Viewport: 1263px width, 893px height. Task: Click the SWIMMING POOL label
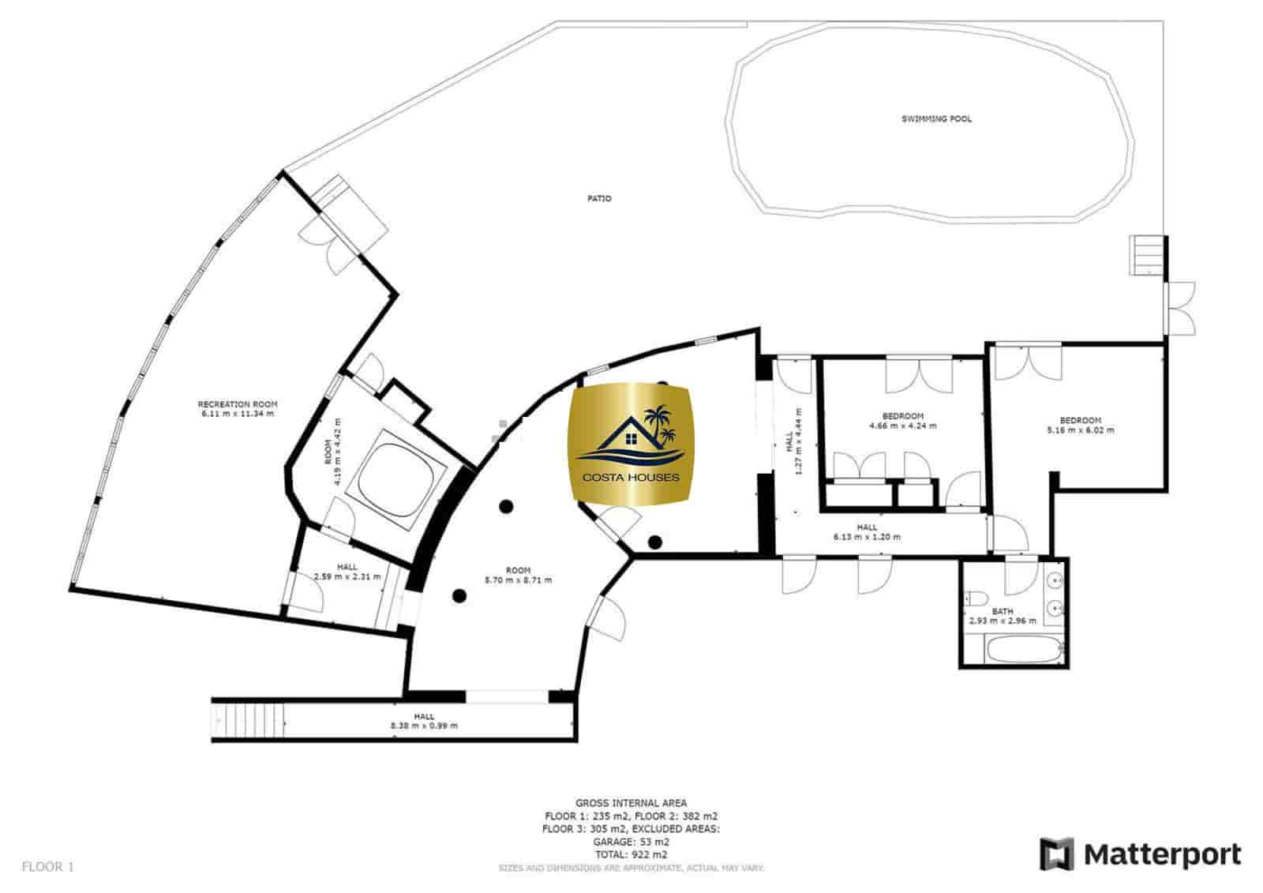[x=936, y=119]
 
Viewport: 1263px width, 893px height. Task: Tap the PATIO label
[x=599, y=198]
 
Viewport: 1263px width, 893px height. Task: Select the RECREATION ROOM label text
[x=237, y=404]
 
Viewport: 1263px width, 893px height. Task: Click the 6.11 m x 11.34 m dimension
[x=237, y=414]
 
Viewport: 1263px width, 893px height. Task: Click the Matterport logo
[x=1139, y=854]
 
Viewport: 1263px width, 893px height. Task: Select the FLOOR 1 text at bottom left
[x=47, y=867]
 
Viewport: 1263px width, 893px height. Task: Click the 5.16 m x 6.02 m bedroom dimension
[x=1080, y=430]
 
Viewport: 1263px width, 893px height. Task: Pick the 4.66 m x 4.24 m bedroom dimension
[x=902, y=426]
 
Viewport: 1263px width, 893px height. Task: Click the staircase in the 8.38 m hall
[x=249, y=719]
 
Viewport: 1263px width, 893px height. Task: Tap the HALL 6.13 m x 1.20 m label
[x=866, y=532]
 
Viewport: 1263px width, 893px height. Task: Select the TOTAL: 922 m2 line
[x=631, y=854]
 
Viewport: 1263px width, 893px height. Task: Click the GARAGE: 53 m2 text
[x=631, y=842]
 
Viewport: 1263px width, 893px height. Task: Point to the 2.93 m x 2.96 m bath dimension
[x=1003, y=621]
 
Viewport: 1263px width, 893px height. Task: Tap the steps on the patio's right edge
[x=1146, y=255]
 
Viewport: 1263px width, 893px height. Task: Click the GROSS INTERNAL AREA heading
[x=631, y=803]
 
